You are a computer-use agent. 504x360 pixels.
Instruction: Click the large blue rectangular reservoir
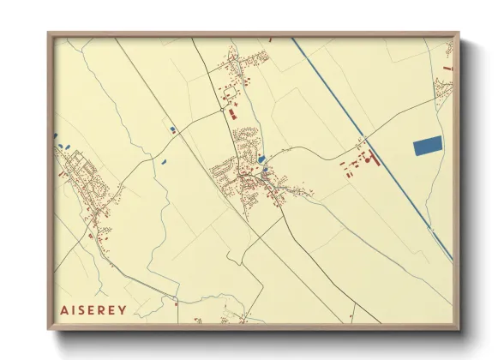(428, 146)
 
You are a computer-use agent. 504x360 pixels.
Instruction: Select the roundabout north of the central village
(223, 109)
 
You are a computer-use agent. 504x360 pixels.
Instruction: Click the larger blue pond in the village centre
(261, 159)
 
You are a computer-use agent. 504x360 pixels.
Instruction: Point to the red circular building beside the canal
(363, 159)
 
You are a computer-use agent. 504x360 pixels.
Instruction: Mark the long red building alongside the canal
(374, 156)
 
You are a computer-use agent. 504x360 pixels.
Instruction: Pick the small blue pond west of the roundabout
(173, 129)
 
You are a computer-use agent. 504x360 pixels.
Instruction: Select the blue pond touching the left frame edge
(56, 135)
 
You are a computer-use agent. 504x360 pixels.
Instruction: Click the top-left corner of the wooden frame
(49, 33)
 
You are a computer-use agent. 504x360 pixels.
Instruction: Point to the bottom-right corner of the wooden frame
(459, 328)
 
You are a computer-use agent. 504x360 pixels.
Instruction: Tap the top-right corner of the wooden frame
(459, 33)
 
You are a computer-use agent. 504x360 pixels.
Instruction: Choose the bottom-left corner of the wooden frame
(49, 328)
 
